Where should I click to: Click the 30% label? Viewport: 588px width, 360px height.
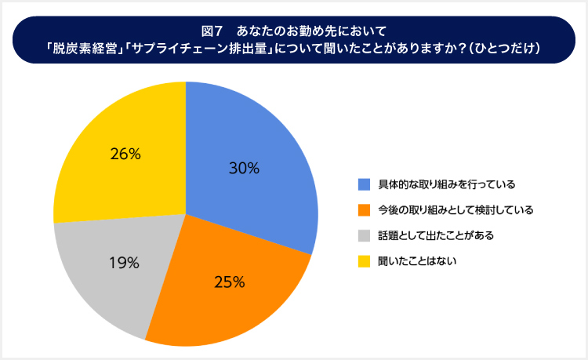244,168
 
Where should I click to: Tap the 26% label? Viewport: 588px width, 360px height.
125,155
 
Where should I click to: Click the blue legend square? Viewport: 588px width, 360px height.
364,184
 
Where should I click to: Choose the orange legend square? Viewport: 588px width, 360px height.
364,209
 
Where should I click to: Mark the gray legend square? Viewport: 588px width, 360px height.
364,235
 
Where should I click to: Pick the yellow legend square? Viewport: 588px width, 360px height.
364,260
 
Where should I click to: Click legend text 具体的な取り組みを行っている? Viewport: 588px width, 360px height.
446,184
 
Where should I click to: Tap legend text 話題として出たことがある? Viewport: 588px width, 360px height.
436,235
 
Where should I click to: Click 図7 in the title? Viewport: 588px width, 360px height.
212,32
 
